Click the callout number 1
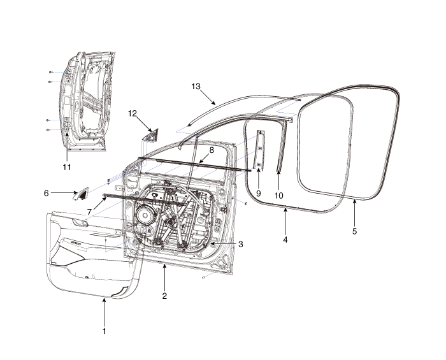coord(104,331)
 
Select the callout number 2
coord(164,296)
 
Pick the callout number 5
coord(355,231)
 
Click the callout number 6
coord(46,192)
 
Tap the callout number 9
coord(258,192)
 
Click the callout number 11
coord(67,167)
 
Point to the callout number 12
coord(133,114)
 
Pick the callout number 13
coord(196,85)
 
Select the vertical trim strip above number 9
coord(260,150)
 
